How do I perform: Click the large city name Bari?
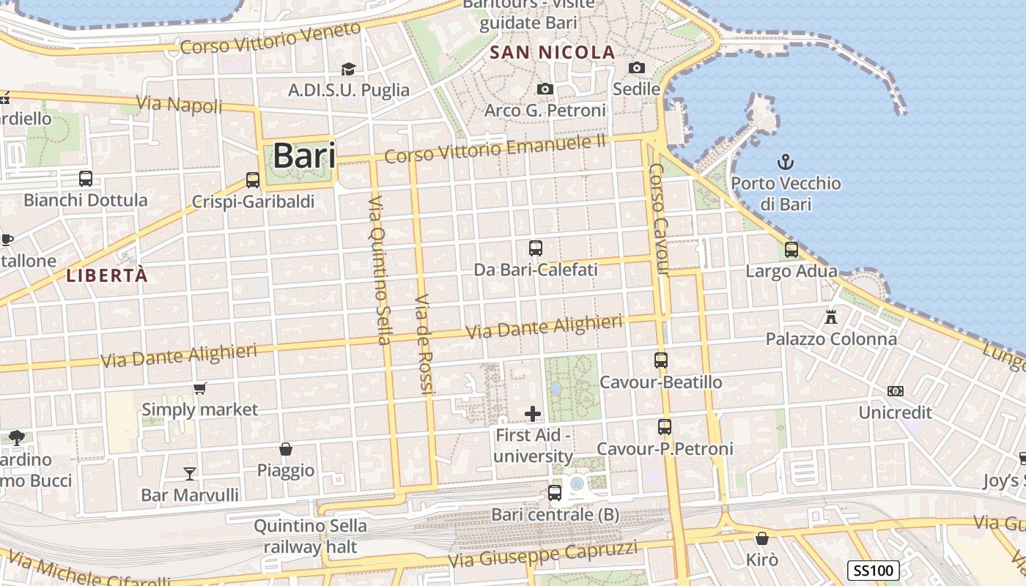click(304, 156)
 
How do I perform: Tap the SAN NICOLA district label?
click(553, 52)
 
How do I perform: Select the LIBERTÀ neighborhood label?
click(107, 275)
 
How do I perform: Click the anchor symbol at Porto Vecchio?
click(786, 161)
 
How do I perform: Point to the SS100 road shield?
click(874, 571)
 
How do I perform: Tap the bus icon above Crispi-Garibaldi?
click(253, 179)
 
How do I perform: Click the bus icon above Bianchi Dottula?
click(86, 178)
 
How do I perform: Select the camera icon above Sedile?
click(637, 68)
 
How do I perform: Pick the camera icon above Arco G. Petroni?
click(545, 89)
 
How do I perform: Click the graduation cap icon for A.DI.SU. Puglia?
click(348, 69)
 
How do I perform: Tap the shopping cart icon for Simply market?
click(199, 388)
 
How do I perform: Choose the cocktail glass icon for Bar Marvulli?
click(190, 473)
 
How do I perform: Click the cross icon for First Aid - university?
click(533, 414)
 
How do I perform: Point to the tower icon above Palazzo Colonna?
click(830, 317)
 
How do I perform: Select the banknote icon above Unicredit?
click(895, 391)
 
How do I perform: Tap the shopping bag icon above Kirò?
click(762, 538)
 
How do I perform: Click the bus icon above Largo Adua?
click(791, 249)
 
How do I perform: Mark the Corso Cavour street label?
click(659, 219)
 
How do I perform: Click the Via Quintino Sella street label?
click(380, 270)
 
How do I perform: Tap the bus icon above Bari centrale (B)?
click(555, 493)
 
